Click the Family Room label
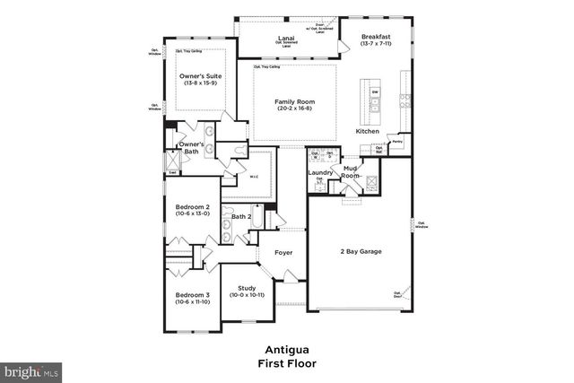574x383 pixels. (295, 102)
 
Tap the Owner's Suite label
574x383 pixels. (200, 76)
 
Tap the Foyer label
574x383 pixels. (283, 252)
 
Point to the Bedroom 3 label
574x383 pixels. (193, 295)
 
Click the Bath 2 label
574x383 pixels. (241, 216)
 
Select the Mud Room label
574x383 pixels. (350, 172)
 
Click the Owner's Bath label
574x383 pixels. (191, 148)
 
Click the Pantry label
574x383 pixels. (396, 142)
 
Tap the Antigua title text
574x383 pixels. (287, 350)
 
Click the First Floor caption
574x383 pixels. (287, 363)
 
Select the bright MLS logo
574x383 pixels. (31, 370)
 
